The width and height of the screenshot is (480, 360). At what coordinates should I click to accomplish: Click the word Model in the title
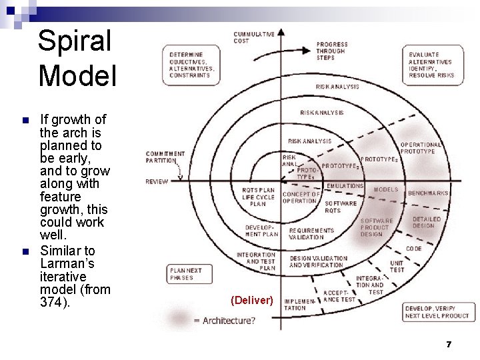77,75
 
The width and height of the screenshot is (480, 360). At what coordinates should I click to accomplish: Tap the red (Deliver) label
251,301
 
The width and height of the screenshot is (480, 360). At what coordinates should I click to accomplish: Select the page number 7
449,344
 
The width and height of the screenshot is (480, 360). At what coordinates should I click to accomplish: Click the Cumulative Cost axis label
253,38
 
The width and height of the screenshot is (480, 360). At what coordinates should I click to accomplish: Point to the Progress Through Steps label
331,51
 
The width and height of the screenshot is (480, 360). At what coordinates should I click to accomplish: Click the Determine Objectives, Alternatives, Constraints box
192,64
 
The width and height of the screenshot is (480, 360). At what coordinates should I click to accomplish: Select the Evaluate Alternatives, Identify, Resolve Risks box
431,64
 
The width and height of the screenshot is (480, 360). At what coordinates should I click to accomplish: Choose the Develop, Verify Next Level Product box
437,312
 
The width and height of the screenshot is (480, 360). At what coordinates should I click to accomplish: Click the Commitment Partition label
165,157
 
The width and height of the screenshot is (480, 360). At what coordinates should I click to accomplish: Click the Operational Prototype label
421,148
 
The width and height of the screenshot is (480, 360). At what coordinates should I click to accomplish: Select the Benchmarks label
429,193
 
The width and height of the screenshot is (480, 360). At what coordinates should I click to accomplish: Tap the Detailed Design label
427,223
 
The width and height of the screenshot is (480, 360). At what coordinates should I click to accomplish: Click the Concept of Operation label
301,197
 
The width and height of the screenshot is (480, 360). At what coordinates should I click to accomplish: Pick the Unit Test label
397,266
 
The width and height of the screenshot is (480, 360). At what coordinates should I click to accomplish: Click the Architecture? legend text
223,321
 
